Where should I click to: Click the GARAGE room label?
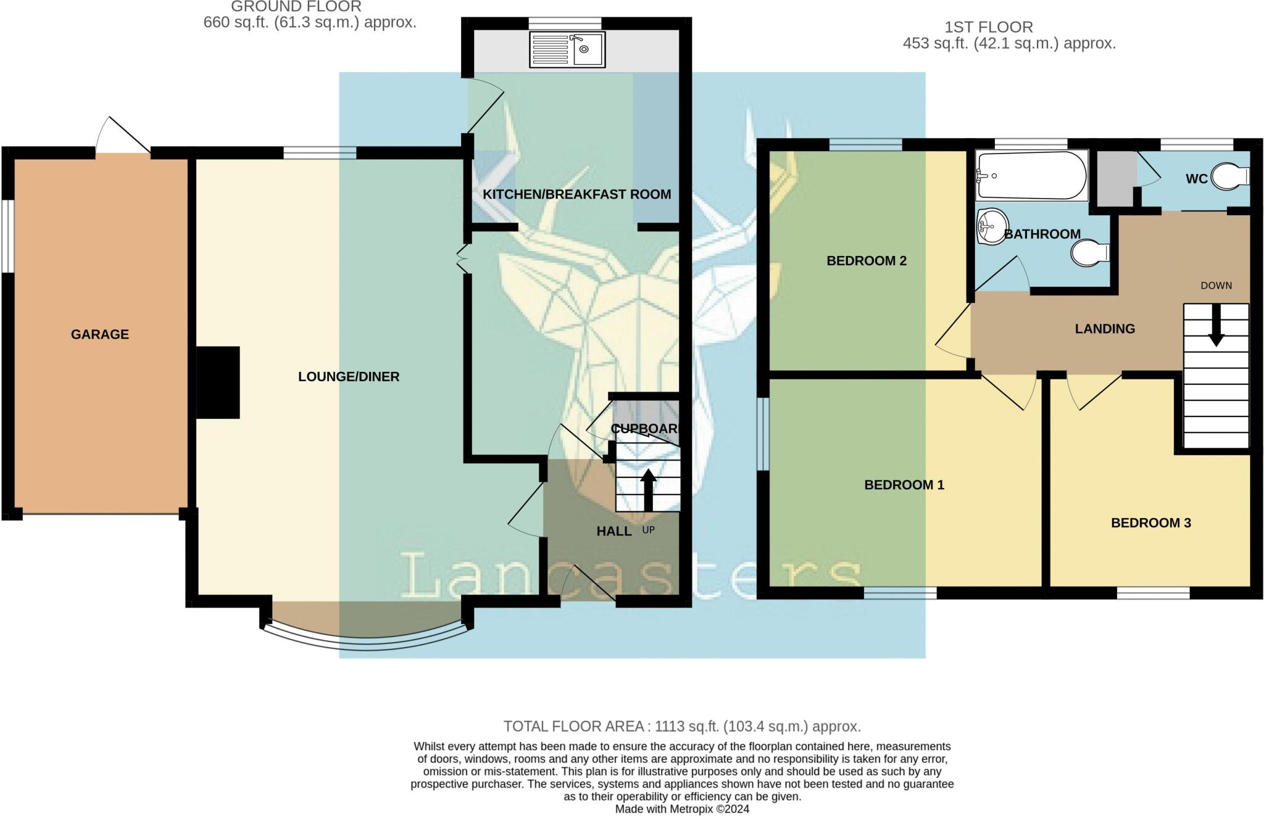click(99, 334)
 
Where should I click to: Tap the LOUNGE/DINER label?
click(349, 376)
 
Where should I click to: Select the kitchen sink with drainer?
click(567, 49)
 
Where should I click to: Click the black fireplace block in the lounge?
click(218, 382)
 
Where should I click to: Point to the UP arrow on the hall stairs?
click(647, 490)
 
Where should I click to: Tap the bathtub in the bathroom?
click(1032, 175)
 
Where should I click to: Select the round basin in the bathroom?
click(992, 226)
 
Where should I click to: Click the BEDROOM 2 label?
click(866, 260)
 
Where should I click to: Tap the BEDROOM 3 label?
click(1150, 523)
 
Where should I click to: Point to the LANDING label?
click(1105, 329)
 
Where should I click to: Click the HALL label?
click(613, 531)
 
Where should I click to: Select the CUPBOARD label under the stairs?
click(644, 428)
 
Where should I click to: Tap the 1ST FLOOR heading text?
click(988, 27)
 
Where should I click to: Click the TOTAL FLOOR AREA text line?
click(681, 726)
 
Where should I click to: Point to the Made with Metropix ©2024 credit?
click(681, 809)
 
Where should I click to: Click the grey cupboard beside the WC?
click(1116, 179)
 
